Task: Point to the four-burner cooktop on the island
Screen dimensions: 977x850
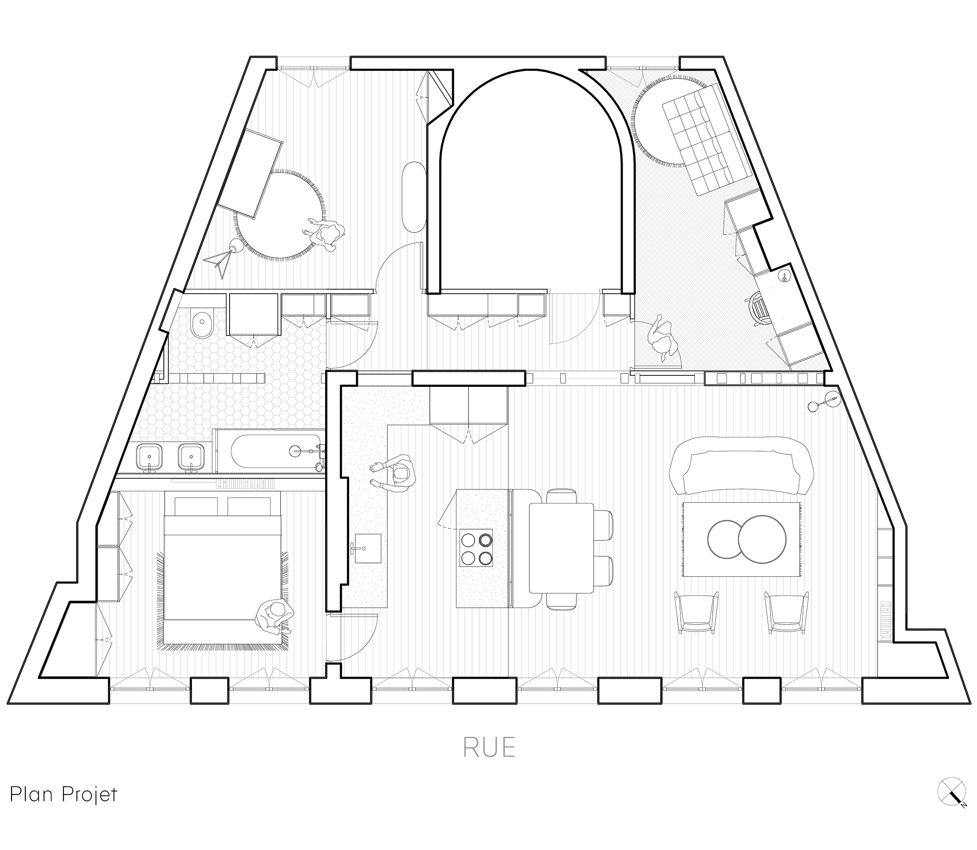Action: (477, 549)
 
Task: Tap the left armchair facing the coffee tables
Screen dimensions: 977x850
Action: (696, 611)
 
